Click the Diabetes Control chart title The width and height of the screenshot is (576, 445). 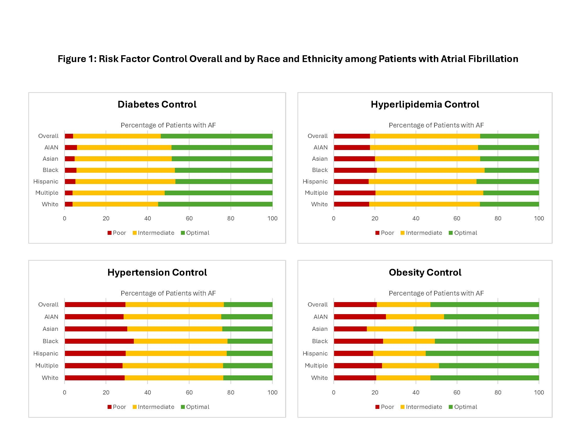click(x=157, y=104)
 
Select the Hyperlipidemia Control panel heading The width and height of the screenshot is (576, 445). click(x=425, y=104)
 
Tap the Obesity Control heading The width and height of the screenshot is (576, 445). click(x=425, y=272)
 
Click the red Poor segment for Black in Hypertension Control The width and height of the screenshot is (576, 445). click(x=99, y=341)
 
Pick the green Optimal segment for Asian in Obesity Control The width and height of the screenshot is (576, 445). click(x=476, y=329)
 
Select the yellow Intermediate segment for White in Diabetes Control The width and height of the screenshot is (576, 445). click(x=115, y=204)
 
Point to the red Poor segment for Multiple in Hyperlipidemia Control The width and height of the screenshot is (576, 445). click(x=355, y=193)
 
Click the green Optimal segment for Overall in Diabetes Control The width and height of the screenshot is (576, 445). click(x=217, y=136)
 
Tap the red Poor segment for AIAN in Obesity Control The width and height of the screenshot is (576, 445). click(x=360, y=317)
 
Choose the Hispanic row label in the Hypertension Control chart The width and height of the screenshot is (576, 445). click(x=46, y=354)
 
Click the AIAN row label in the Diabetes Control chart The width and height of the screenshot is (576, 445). click(x=51, y=148)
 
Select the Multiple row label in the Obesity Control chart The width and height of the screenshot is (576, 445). click(x=316, y=366)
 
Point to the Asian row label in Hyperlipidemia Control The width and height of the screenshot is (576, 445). click(x=320, y=159)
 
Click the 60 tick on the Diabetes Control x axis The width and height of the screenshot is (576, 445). click(x=189, y=219)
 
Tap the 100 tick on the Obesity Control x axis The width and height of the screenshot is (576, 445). click(x=539, y=393)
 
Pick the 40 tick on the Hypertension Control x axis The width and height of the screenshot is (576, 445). click(x=147, y=393)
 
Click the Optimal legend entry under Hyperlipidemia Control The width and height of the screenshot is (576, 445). click(x=463, y=233)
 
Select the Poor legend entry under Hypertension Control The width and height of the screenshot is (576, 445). click(x=117, y=407)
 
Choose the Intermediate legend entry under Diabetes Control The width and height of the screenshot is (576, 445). click(x=153, y=233)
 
